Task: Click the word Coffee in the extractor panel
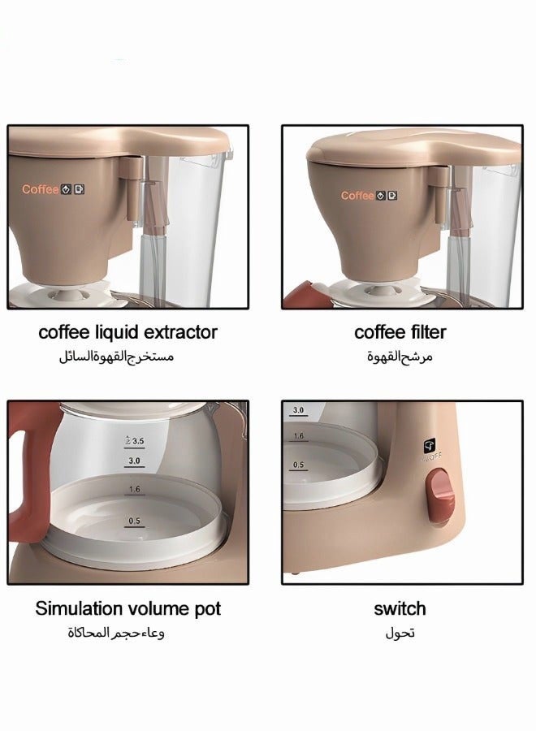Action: pyautogui.click(x=40, y=189)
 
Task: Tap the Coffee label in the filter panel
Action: pyautogui.click(x=357, y=195)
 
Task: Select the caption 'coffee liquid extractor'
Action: pyautogui.click(x=128, y=332)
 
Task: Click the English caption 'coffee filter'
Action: pyautogui.click(x=400, y=332)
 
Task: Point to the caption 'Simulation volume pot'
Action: pyautogui.click(x=128, y=608)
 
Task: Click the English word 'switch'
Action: pyautogui.click(x=400, y=608)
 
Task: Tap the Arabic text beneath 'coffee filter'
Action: pyautogui.click(x=400, y=357)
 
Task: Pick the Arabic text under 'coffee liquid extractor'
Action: pyautogui.click(x=116, y=357)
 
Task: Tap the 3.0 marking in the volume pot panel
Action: pyautogui.click(x=135, y=461)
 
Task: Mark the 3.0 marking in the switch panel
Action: pyautogui.click(x=298, y=411)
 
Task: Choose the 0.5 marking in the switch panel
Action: pyautogui.click(x=299, y=465)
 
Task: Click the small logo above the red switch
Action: pyautogui.click(x=430, y=445)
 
